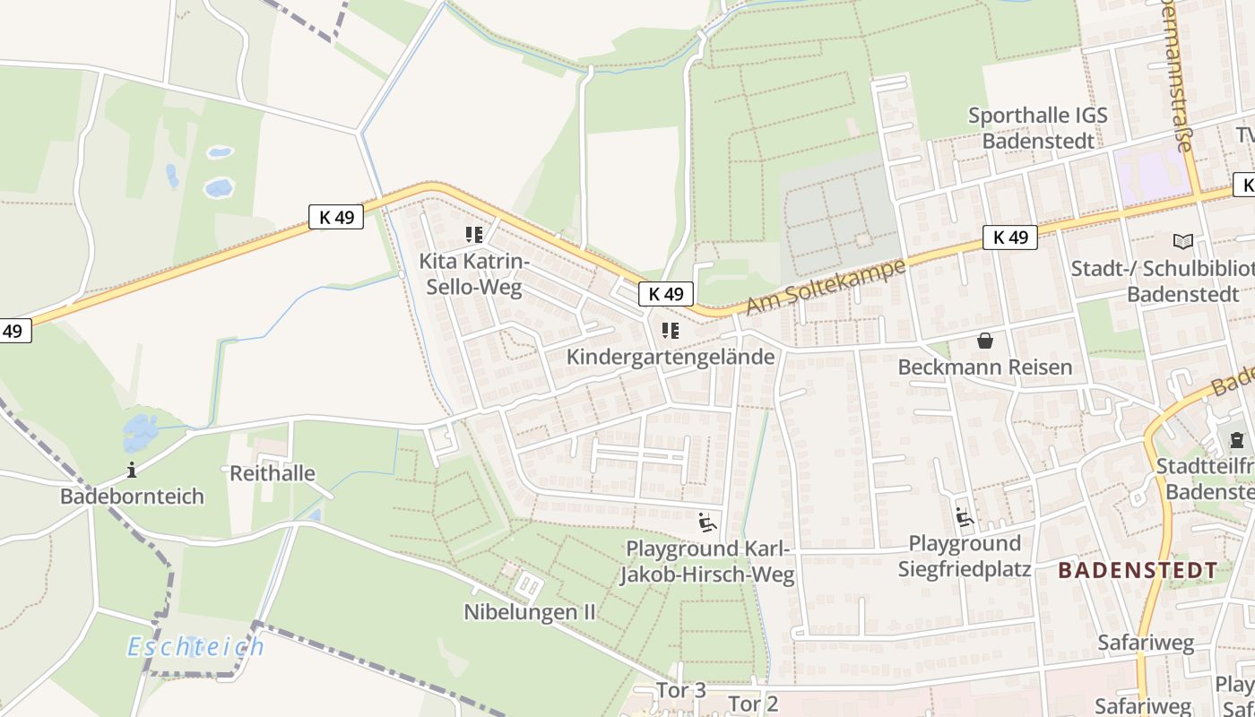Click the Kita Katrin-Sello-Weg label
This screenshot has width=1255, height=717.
[x=475, y=274]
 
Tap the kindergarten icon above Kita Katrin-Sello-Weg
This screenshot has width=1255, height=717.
[x=474, y=236]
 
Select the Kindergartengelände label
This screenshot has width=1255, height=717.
[x=671, y=357]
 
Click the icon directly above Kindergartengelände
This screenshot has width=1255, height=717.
[x=671, y=331]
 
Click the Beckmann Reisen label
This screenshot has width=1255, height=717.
[x=985, y=367]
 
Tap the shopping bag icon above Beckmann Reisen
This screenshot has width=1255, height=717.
[x=985, y=341]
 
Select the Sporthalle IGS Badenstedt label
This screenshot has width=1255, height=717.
[x=1038, y=128]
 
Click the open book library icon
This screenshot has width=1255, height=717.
[x=1183, y=241]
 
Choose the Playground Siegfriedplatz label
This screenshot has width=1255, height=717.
[x=965, y=556]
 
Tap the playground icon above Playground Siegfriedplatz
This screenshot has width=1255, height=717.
[x=965, y=517]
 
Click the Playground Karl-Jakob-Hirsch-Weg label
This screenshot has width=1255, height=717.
[x=708, y=562]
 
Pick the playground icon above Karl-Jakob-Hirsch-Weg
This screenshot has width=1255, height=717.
[x=707, y=521]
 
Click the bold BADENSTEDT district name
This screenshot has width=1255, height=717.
[x=1138, y=570]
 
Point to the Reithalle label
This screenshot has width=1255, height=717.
[x=273, y=473]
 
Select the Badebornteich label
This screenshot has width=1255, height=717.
[x=133, y=497]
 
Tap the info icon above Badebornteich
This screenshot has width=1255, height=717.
[x=133, y=470]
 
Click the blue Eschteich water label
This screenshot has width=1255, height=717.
[x=196, y=646]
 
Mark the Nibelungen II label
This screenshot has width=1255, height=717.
[x=530, y=612]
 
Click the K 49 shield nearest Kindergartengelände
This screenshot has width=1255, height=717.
[x=667, y=294]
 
